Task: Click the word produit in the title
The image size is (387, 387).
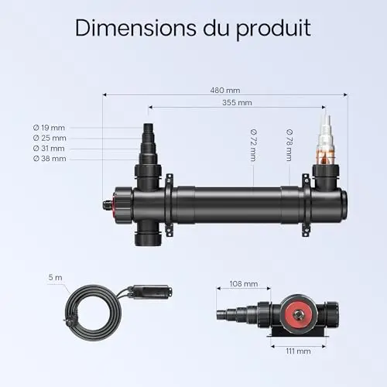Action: [x=273, y=29]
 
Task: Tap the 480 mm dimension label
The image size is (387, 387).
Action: [x=225, y=91]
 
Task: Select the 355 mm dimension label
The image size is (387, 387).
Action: [x=237, y=103]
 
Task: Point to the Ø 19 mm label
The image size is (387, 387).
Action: [x=49, y=128]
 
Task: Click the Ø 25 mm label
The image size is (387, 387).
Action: [x=50, y=138]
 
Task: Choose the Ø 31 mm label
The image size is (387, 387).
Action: [x=49, y=149]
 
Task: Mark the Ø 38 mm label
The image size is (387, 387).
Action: [x=50, y=159]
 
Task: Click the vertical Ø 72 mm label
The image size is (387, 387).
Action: [x=253, y=146]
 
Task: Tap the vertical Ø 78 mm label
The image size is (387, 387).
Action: [x=289, y=146]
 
